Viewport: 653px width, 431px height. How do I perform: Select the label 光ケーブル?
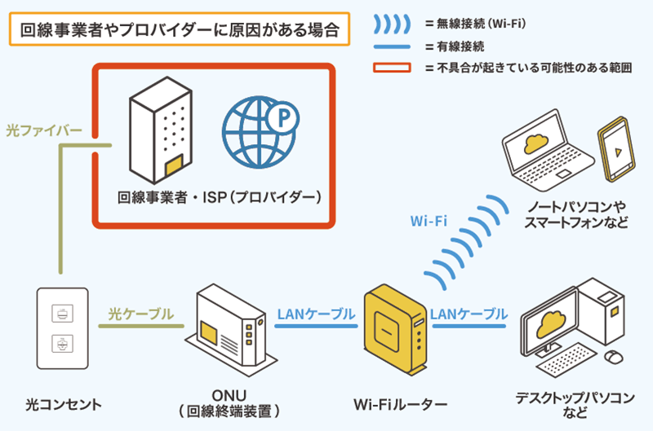coord(141,314)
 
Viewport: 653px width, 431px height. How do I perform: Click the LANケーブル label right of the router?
coord(469,314)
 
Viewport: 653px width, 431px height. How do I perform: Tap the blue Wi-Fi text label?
coord(428,220)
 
